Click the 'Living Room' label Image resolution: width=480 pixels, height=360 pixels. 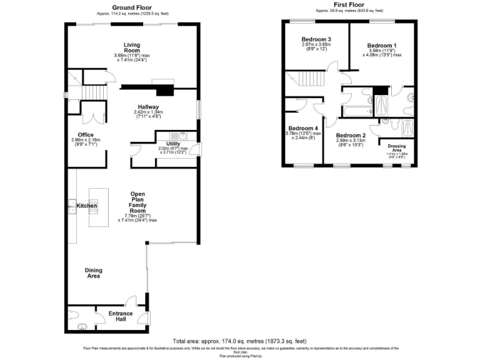[x=131, y=47]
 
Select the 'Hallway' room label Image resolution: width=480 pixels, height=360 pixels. [x=148, y=107]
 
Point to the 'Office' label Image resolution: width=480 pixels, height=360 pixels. [x=85, y=134]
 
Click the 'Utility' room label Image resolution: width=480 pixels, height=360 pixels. [x=173, y=143]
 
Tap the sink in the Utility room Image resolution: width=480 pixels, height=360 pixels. [x=184, y=135]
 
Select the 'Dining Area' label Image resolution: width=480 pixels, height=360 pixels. [x=94, y=272]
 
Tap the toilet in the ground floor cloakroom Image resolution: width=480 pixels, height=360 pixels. [x=72, y=313]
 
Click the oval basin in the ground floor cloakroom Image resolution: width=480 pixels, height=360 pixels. [x=82, y=326]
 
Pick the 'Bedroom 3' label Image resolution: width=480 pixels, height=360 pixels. [x=316, y=39]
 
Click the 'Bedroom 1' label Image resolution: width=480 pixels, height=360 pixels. [x=381, y=46]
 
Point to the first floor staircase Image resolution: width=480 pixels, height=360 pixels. [x=311, y=80]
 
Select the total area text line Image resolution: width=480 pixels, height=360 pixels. [x=239, y=341]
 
